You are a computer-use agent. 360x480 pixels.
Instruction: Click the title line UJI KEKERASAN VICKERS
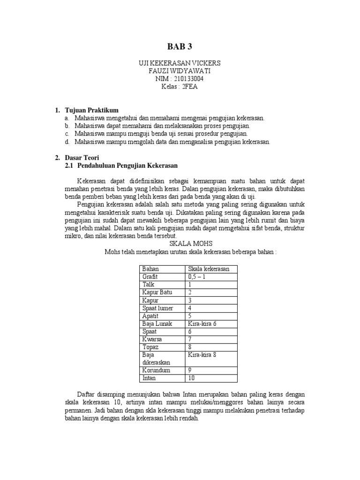180,63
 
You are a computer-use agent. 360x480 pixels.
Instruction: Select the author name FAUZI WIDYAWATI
180,71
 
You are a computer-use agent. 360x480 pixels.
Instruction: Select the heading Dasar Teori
82,158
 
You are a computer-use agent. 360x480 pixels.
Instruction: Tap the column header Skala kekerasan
208,269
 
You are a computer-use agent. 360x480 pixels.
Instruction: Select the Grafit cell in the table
150,277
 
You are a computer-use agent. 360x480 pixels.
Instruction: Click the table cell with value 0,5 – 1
197,277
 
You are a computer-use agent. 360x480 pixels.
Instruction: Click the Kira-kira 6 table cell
202,323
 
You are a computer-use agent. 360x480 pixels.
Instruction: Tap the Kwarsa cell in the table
152,339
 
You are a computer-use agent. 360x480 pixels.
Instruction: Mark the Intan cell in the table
149,378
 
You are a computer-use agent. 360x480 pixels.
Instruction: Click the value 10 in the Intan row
191,378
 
